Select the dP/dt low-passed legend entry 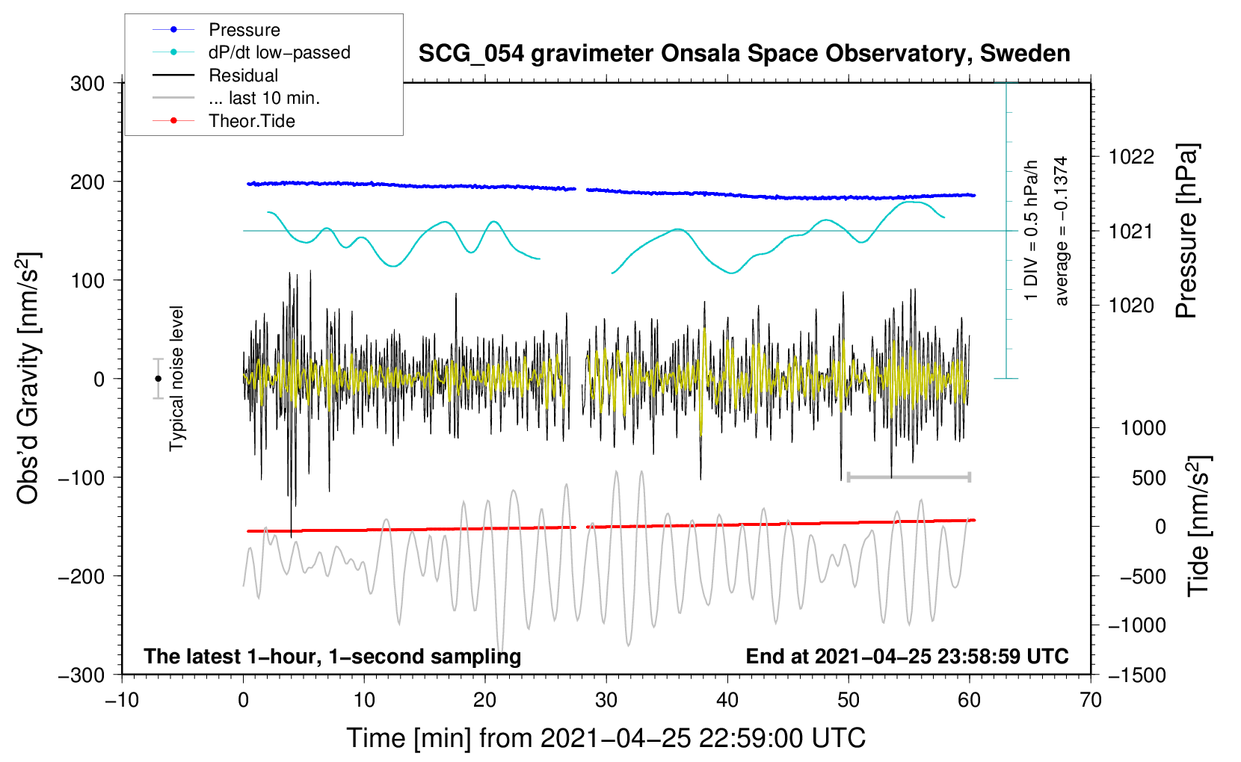point(279,52)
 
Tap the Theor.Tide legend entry point(251,121)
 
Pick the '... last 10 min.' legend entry point(264,98)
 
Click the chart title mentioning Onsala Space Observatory point(744,54)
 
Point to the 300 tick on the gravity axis point(87,84)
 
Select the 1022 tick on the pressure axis point(1131,157)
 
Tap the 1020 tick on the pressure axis point(1131,306)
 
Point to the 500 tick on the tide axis point(1148,478)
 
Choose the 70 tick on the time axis point(1091,700)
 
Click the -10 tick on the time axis point(122,700)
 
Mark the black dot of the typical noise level point(158,379)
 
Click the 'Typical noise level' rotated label point(176,378)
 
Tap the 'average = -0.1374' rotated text point(1061,231)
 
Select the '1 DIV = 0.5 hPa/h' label point(1032,230)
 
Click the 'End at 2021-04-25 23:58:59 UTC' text point(907,657)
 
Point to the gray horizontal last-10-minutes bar point(909,477)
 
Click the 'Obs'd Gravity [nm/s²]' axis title point(28,378)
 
